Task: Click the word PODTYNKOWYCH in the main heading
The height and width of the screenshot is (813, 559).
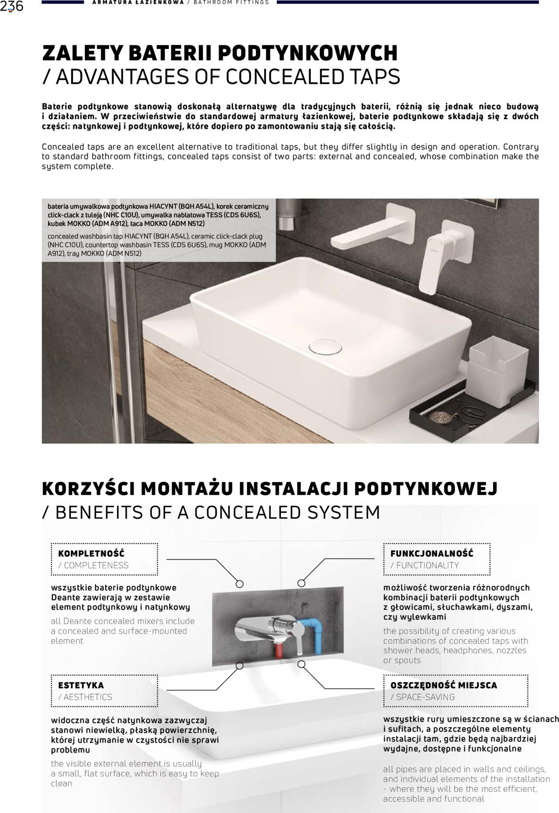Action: click(307, 53)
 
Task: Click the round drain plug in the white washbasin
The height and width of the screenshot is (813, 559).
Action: click(325, 346)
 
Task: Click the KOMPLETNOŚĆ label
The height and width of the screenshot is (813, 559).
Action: click(91, 553)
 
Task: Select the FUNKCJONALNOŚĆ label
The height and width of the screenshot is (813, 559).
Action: click(431, 553)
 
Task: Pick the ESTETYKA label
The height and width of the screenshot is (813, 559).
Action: click(81, 685)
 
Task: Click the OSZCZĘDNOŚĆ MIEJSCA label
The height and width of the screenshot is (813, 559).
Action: click(444, 685)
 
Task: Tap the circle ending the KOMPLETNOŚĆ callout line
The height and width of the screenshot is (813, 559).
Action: click(239, 583)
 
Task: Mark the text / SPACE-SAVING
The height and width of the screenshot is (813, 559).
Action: click(422, 697)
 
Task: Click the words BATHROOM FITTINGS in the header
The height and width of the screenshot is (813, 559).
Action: click(231, 3)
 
